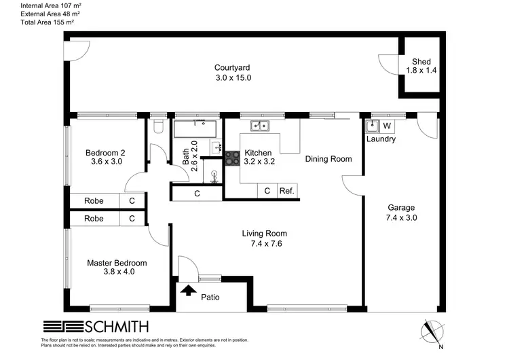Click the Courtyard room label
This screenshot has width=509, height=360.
233,67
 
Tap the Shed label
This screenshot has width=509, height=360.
421,62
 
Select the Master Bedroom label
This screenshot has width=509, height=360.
117,263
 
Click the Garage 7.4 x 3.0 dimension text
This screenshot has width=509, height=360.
401,218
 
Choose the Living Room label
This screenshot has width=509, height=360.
261,234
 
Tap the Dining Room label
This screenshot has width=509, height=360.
328,159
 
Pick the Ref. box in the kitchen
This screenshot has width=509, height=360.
287,192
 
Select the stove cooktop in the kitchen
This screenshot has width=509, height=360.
232,157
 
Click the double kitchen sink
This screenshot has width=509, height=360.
259,125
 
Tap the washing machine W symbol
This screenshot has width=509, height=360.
387,126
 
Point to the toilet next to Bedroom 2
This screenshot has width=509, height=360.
158,127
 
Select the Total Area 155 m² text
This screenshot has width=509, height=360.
39,22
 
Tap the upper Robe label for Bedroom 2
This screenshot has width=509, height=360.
94,201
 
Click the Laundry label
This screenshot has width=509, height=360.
381,139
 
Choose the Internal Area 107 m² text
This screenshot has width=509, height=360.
42,5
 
